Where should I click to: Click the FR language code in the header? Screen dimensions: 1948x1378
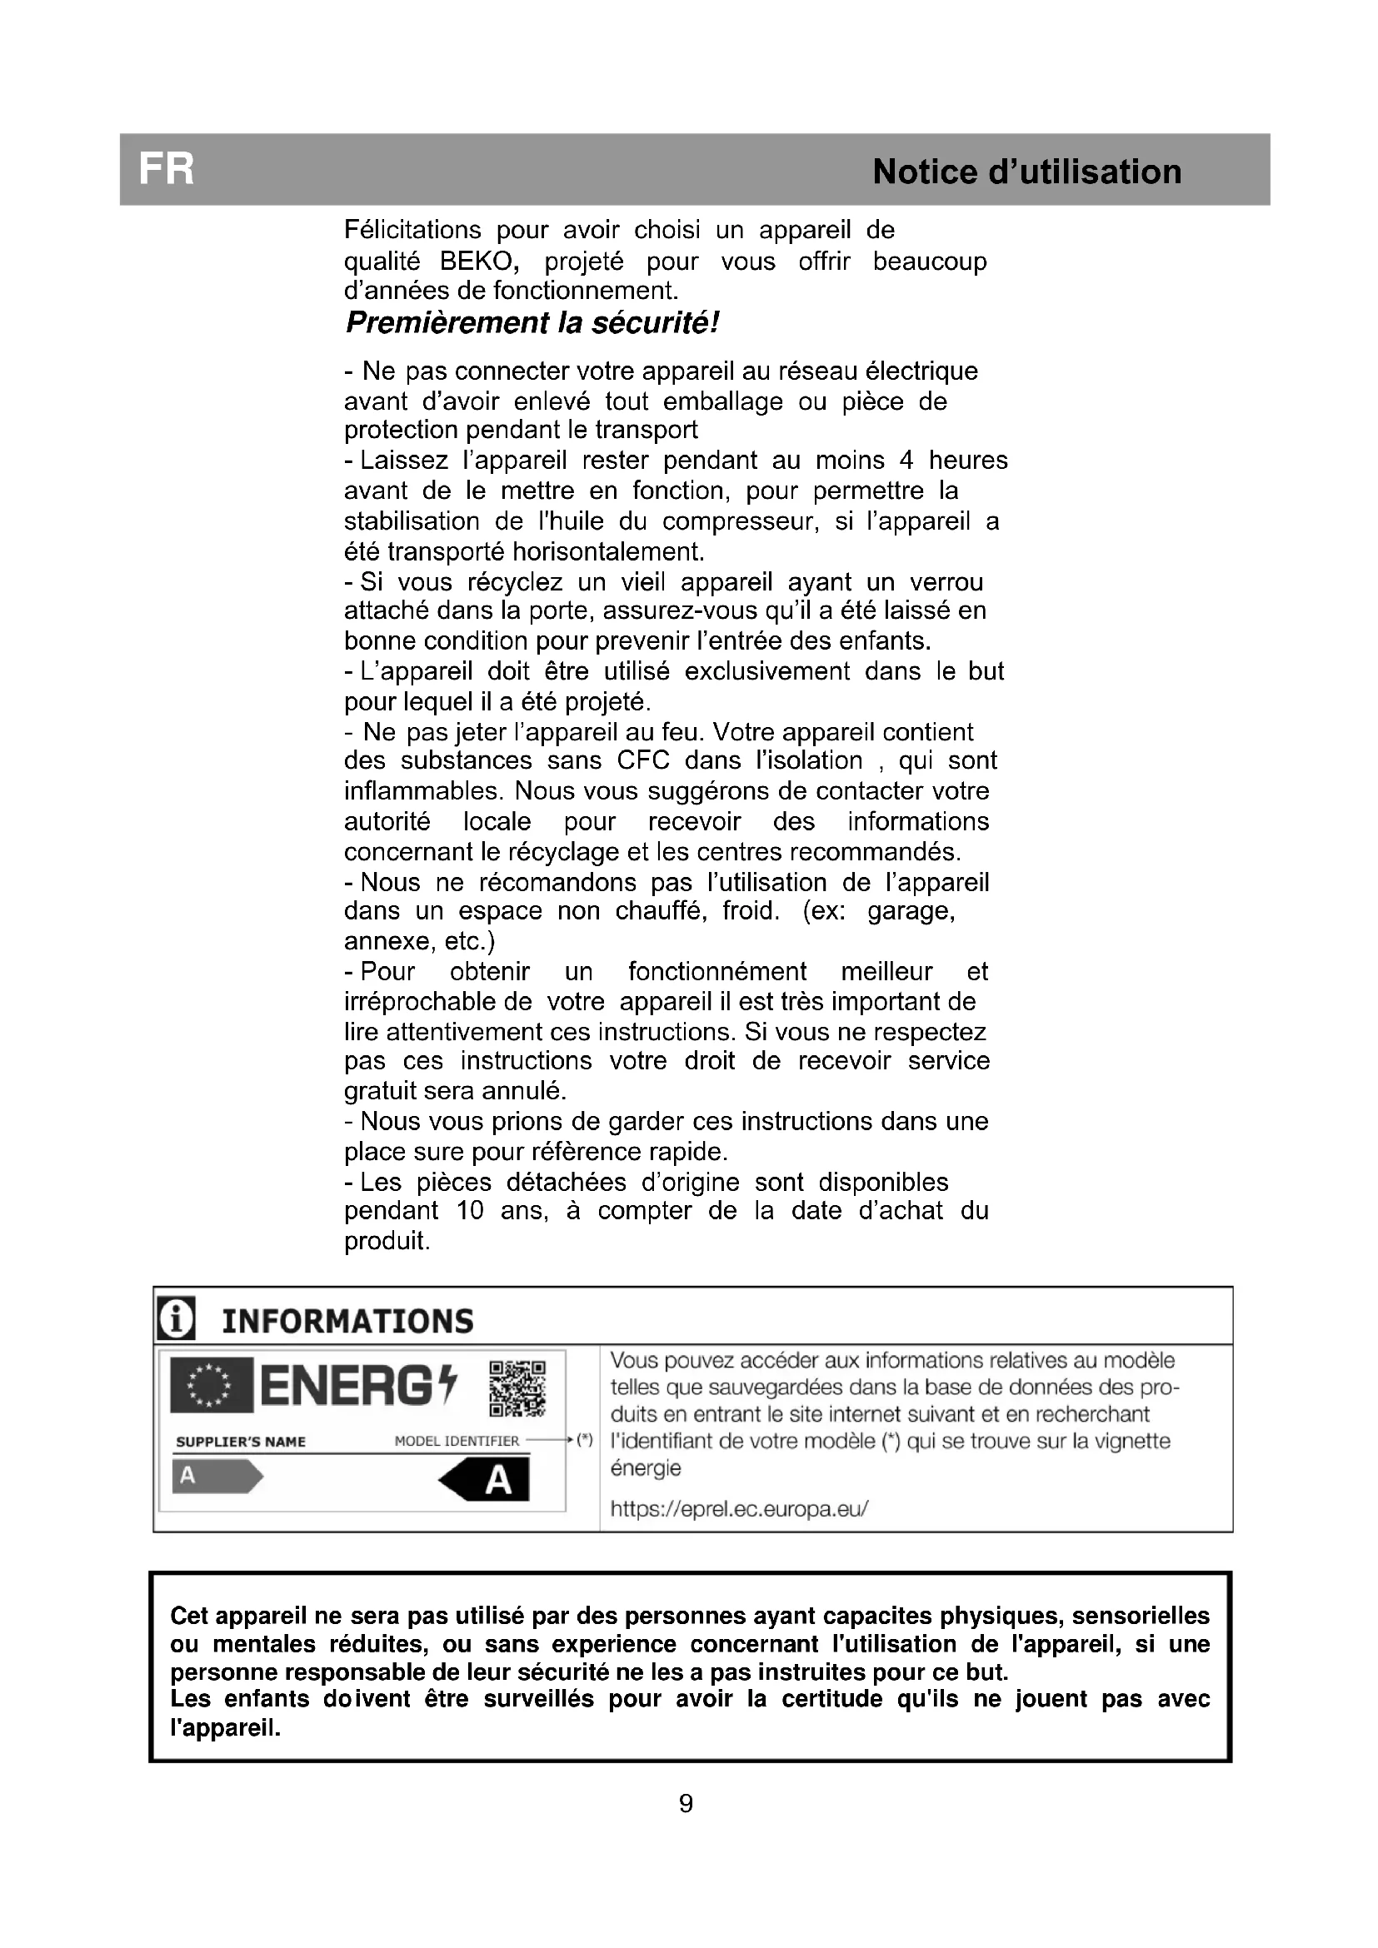pos(167,170)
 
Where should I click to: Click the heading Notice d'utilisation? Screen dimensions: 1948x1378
pos(1026,172)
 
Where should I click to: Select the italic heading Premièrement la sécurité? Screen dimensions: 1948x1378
pos(532,323)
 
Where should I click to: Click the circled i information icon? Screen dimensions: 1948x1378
pos(177,1319)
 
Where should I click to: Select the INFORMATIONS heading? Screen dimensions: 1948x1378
pos(347,1321)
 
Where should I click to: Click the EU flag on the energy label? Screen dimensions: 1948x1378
pos(212,1386)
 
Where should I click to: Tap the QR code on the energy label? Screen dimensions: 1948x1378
pos(517,1389)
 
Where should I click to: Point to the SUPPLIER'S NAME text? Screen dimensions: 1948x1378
pos(240,1442)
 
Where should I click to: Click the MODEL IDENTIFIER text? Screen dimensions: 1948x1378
pos(457,1442)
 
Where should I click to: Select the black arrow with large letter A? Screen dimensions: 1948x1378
pos(486,1482)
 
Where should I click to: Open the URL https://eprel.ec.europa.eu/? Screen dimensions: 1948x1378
pos(739,1509)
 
